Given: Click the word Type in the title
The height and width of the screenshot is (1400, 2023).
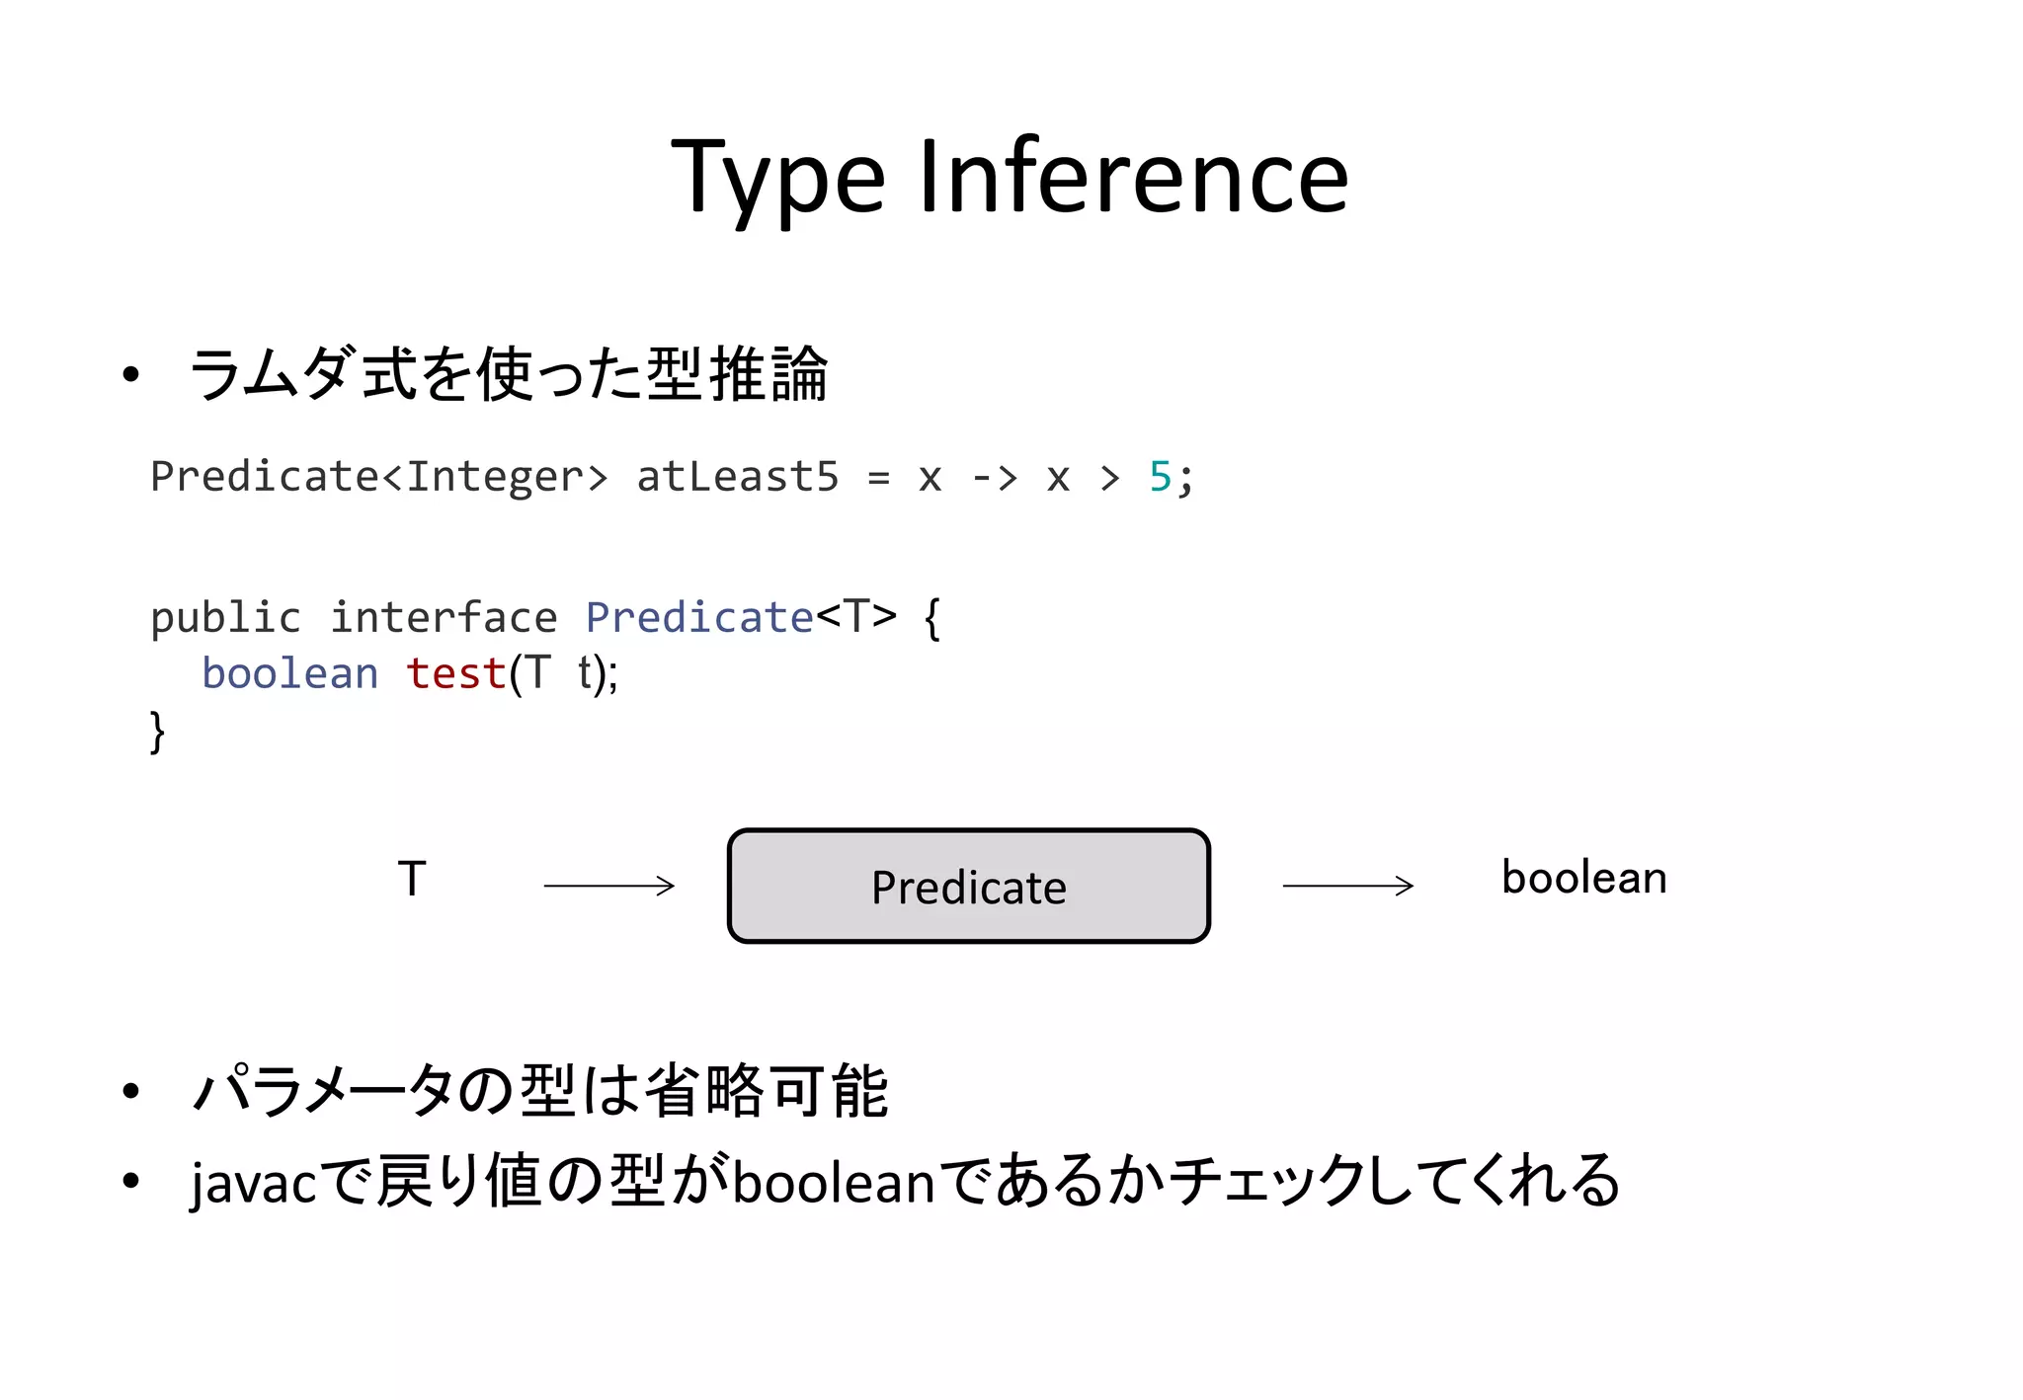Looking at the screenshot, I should coord(778,179).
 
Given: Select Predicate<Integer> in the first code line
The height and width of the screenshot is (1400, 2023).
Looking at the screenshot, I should coord(378,477).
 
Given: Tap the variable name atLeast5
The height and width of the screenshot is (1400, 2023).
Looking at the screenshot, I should coord(737,477).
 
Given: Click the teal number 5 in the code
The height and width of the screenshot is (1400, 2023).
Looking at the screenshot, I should coord(1160,477).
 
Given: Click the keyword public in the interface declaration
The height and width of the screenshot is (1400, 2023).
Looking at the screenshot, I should coord(225,618).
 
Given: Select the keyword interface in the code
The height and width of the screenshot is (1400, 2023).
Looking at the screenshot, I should coord(444,618).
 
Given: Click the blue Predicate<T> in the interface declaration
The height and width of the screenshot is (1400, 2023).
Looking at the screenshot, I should coord(741,618).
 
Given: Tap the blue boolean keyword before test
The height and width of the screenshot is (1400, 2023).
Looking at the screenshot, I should coord(289,674).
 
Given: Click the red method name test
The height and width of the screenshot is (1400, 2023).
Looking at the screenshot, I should coord(456,674).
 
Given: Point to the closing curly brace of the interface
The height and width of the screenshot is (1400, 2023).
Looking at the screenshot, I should coord(157,732).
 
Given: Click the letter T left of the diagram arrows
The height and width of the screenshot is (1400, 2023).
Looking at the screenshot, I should coord(412,878).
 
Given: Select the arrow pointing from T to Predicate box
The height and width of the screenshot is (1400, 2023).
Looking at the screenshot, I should coord(608,886).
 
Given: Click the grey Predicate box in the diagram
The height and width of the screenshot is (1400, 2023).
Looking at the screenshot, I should coord(968,886).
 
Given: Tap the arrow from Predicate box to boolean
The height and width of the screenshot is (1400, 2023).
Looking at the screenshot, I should coord(1347,886).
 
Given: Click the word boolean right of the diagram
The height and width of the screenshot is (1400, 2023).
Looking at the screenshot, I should coord(1583,878).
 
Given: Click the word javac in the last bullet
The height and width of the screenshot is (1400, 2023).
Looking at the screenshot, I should coord(254,1183).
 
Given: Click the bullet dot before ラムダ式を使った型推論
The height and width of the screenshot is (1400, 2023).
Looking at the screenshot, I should coord(130,375).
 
